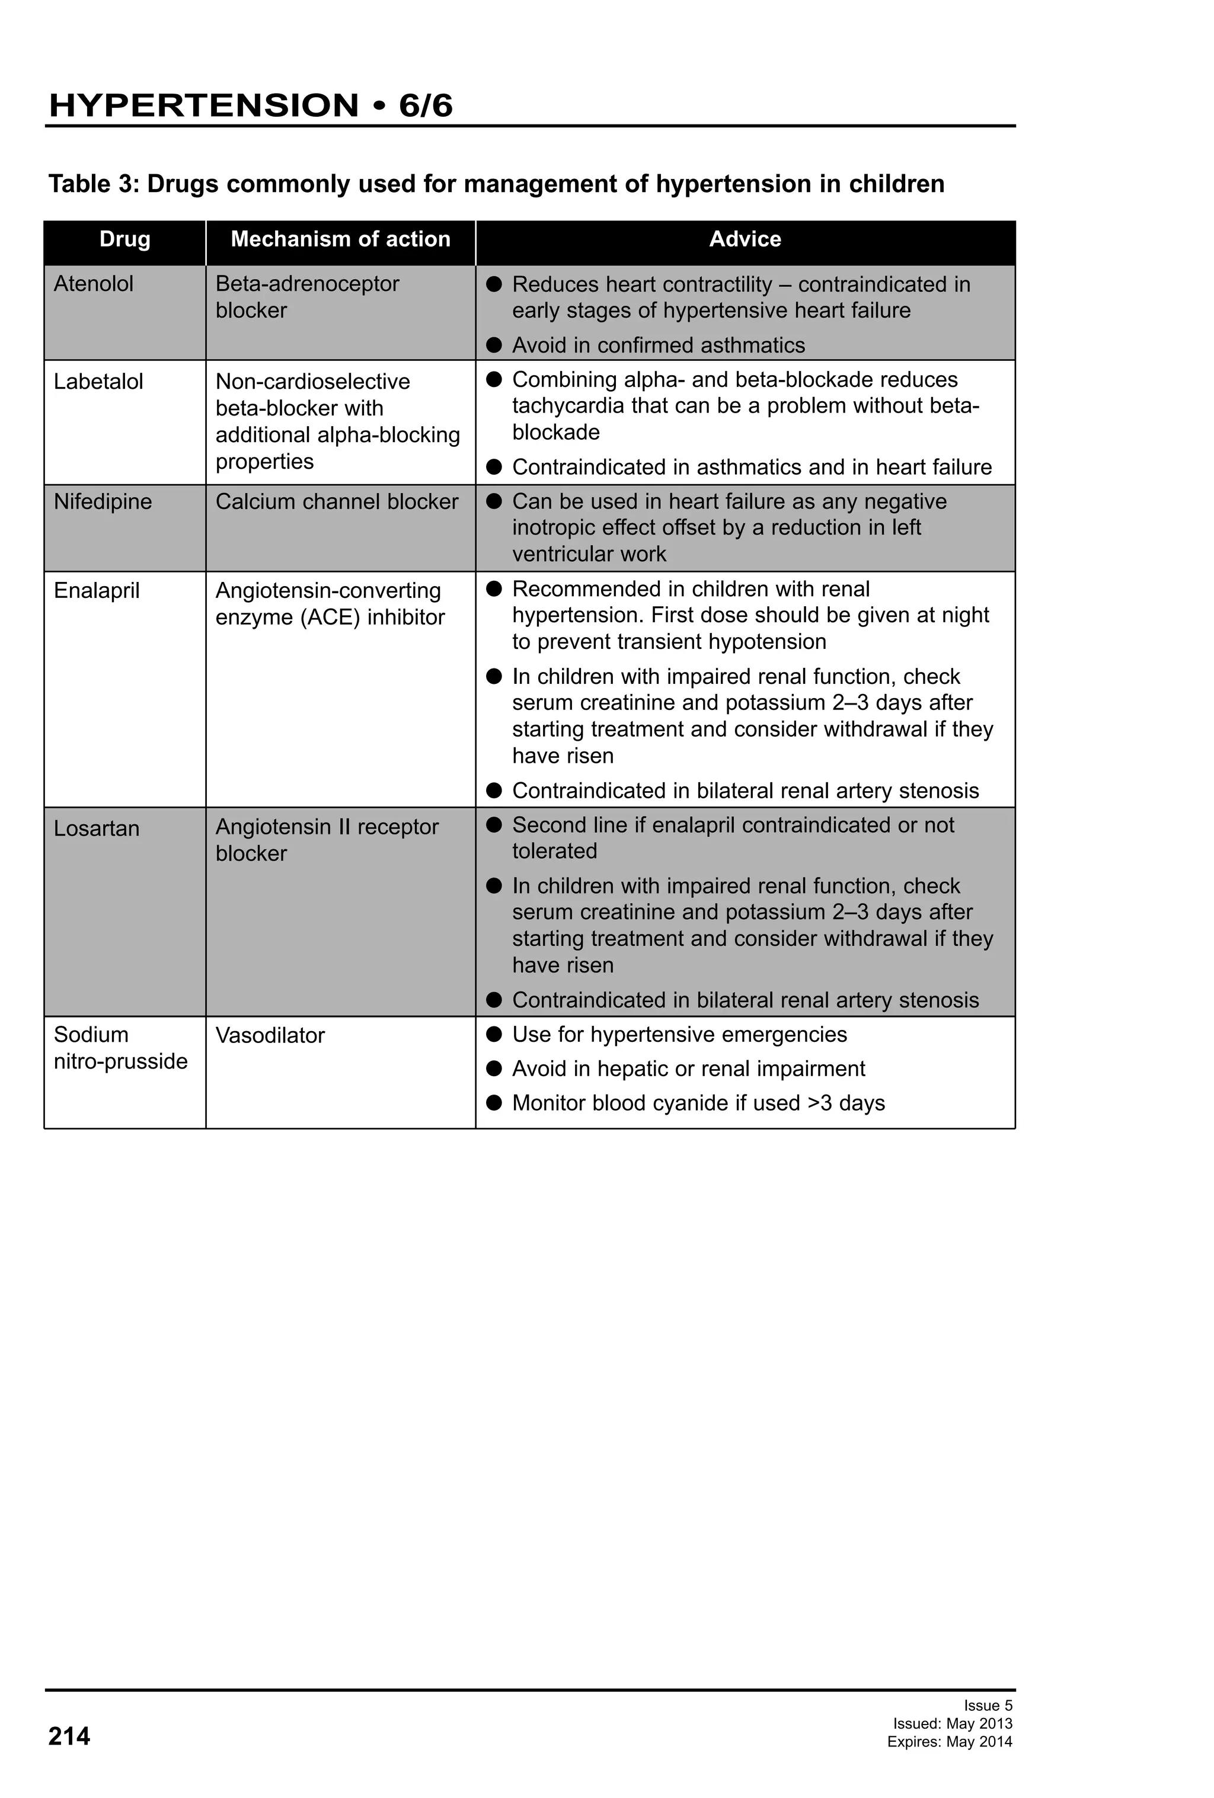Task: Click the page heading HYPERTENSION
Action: (x=203, y=105)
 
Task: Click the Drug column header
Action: (x=124, y=239)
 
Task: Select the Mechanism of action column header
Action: (x=340, y=239)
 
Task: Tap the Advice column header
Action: (x=745, y=239)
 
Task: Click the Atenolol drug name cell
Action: (x=94, y=284)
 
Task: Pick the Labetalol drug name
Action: (x=98, y=382)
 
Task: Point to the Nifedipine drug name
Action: (x=103, y=501)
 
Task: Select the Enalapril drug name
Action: (x=97, y=590)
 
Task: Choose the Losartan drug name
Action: (x=97, y=828)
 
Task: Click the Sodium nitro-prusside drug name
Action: (x=120, y=1048)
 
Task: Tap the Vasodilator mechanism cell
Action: (x=270, y=1035)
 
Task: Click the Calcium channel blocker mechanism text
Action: (x=337, y=501)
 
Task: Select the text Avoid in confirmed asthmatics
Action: (x=659, y=345)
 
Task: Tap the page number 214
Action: (x=69, y=1736)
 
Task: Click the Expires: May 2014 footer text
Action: (x=950, y=1742)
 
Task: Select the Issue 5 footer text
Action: (x=988, y=1705)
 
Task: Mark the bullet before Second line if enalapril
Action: (x=494, y=825)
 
